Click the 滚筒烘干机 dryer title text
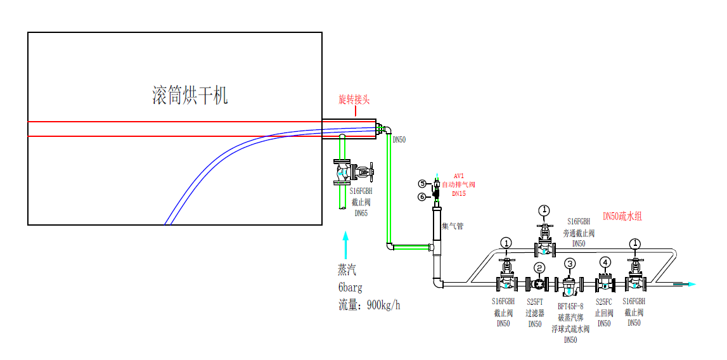point(190,96)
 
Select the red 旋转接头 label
point(354,100)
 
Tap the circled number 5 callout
point(422,184)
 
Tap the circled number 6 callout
point(422,196)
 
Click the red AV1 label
point(460,176)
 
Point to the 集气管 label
point(453,226)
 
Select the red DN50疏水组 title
point(622,216)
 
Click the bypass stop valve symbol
point(544,244)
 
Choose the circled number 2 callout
point(539,267)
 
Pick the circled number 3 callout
point(570,264)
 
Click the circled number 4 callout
point(605,262)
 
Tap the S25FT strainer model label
point(536,302)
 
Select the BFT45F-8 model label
point(570,306)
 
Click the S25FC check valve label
point(604,302)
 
